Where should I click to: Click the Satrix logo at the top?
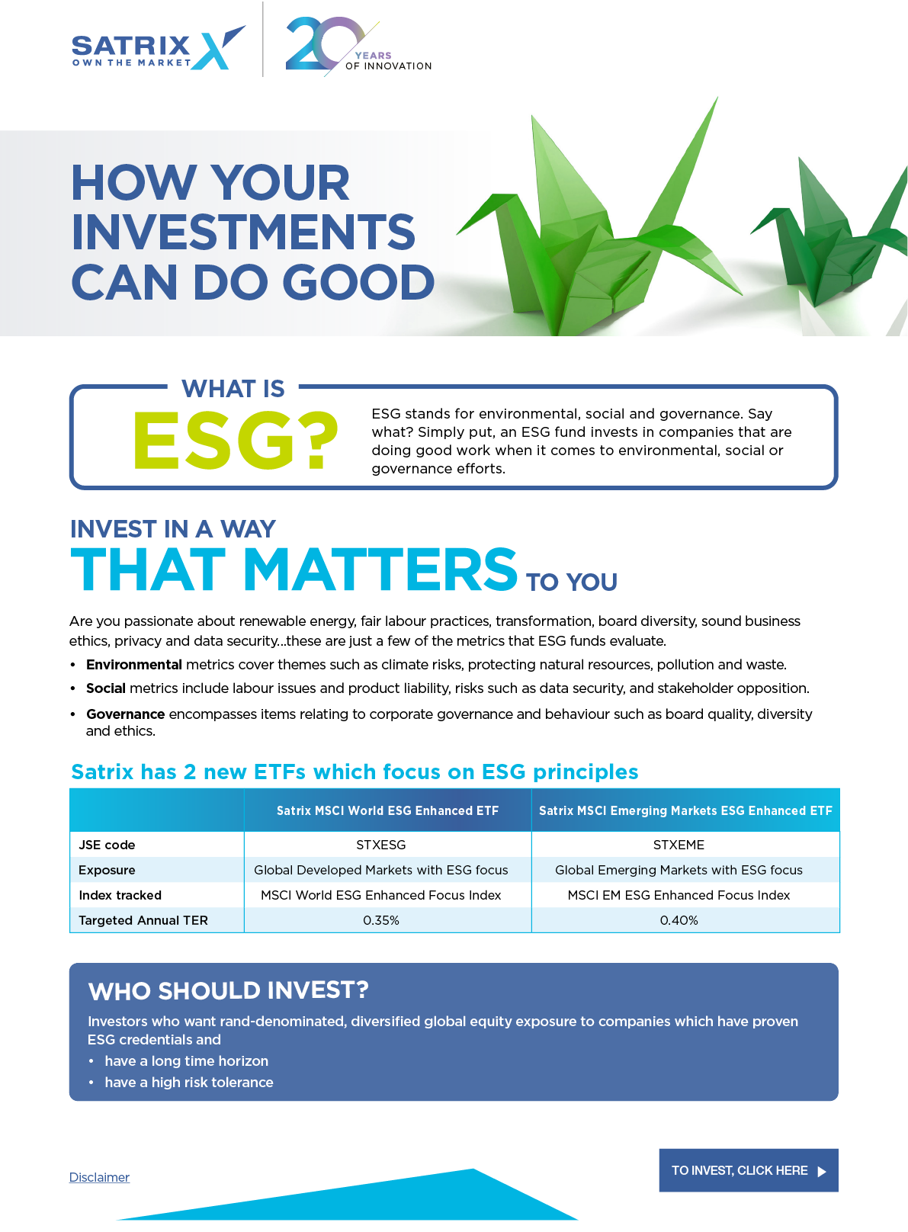click(x=159, y=48)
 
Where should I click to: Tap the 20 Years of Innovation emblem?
click(x=358, y=47)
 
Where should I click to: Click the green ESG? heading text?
click(x=236, y=441)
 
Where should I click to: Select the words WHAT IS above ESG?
click(x=233, y=389)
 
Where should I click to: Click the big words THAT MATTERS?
click(x=294, y=569)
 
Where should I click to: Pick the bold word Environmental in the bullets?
click(x=133, y=664)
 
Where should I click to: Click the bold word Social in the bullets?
click(x=106, y=688)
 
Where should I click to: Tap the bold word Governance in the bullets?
click(x=125, y=714)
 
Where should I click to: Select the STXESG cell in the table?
click(x=380, y=845)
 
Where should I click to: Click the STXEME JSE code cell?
click(x=679, y=845)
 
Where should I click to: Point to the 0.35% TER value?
click(x=380, y=920)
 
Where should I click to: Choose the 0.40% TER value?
click(x=679, y=920)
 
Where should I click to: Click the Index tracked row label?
click(x=120, y=895)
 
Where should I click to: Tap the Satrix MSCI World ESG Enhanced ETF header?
click(x=387, y=810)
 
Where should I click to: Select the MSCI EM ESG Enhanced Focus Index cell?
click(x=679, y=895)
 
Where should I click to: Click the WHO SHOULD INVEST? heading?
click(x=228, y=990)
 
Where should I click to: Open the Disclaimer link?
click(x=100, y=1178)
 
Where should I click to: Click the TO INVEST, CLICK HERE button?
click(x=749, y=1170)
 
